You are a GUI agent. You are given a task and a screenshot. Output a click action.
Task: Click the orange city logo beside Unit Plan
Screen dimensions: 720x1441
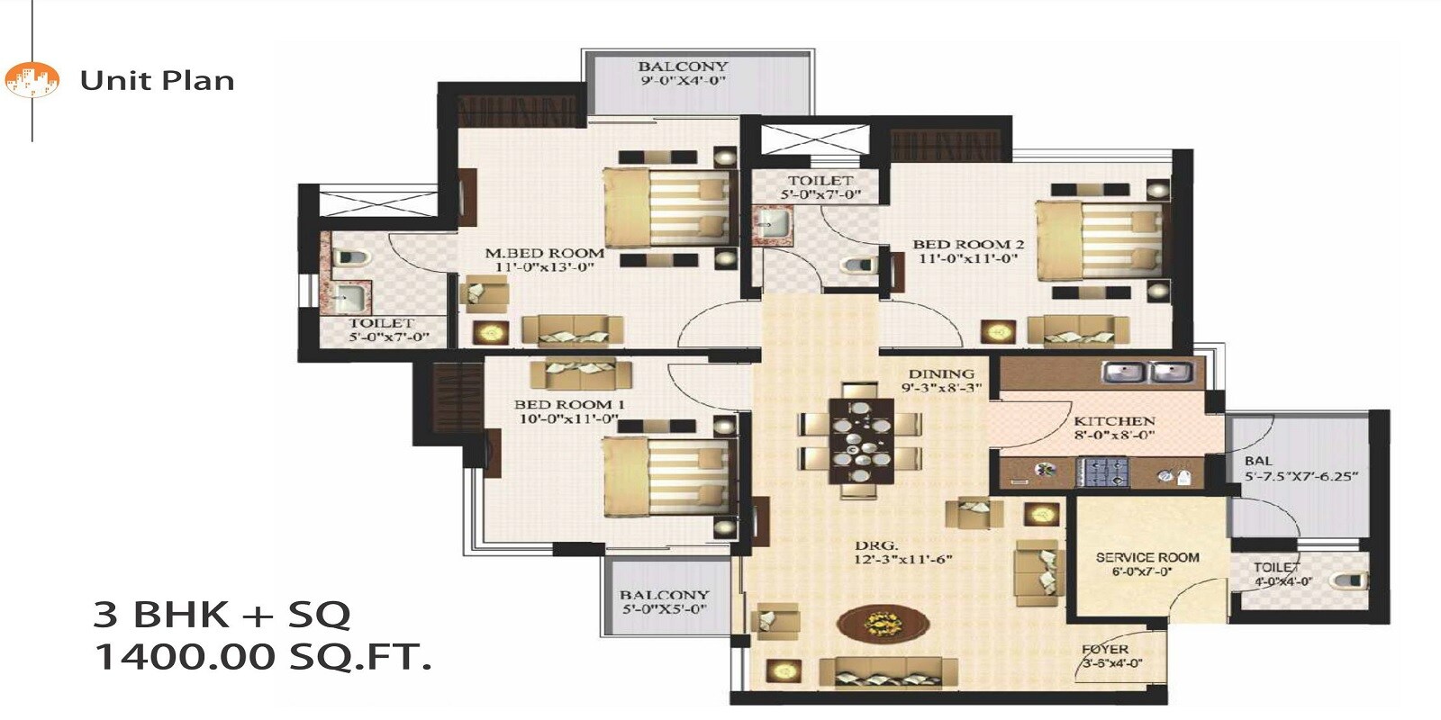click(32, 80)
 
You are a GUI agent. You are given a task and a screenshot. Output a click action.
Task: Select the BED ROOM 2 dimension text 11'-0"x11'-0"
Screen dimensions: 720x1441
click(968, 258)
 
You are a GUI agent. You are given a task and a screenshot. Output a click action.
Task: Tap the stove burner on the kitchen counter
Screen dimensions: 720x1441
click(1102, 472)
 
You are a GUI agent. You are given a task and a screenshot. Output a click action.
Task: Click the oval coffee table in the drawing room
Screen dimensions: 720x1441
click(883, 622)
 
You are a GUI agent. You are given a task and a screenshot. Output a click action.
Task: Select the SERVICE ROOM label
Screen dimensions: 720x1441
click(1147, 557)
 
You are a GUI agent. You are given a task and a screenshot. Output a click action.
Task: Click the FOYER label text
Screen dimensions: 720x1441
click(1105, 649)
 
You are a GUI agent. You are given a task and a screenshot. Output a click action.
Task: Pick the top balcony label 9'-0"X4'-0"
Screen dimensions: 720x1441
click(683, 81)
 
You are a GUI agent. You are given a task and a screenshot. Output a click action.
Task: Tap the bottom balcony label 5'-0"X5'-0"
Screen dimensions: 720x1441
click(664, 609)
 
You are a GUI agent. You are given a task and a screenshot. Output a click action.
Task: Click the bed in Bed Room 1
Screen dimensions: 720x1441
click(666, 475)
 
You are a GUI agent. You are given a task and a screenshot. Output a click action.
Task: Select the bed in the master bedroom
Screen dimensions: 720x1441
click(666, 206)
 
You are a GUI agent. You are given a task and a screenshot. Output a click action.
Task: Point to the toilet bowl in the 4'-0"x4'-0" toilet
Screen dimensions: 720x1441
click(1350, 580)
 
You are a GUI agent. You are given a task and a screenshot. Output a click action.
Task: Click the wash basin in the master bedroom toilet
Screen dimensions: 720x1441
click(349, 296)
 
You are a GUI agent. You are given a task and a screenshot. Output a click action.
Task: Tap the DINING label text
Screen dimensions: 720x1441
click(941, 373)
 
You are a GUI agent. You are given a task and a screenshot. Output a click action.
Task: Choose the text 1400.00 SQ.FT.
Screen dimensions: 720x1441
click(263, 657)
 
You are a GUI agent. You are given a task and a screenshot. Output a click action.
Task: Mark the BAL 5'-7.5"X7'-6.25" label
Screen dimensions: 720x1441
click(1301, 469)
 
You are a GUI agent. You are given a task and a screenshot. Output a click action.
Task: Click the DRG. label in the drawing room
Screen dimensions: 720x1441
click(876, 545)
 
